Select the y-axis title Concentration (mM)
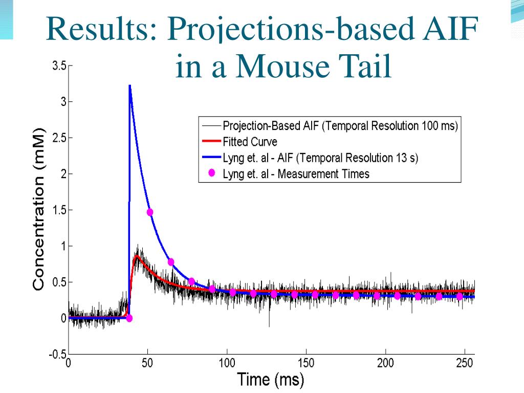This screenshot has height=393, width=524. [x=39, y=210]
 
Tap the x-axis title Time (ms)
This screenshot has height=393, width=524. [x=270, y=380]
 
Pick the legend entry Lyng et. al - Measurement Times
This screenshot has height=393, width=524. [x=296, y=174]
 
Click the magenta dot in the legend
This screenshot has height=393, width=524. [x=211, y=173]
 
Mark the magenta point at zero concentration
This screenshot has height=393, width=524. [x=129, y=318]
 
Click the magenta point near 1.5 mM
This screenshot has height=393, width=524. [x=150, y=212]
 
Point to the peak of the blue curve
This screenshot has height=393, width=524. [x=130, y=87]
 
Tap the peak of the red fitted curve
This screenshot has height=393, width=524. [x=137, y=256]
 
